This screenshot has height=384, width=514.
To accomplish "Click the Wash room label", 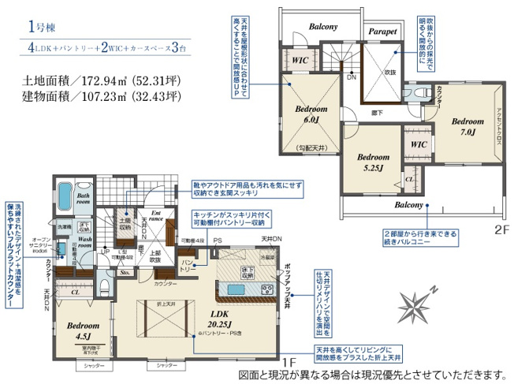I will [x=84, y=241].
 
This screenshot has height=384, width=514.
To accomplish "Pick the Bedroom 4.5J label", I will [x=83, y=329].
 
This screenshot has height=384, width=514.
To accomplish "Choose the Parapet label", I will [x=382, y=32].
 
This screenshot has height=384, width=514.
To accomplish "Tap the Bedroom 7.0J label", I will [x=467, y=126].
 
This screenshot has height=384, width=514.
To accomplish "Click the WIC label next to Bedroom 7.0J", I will [x=419, y=145].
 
